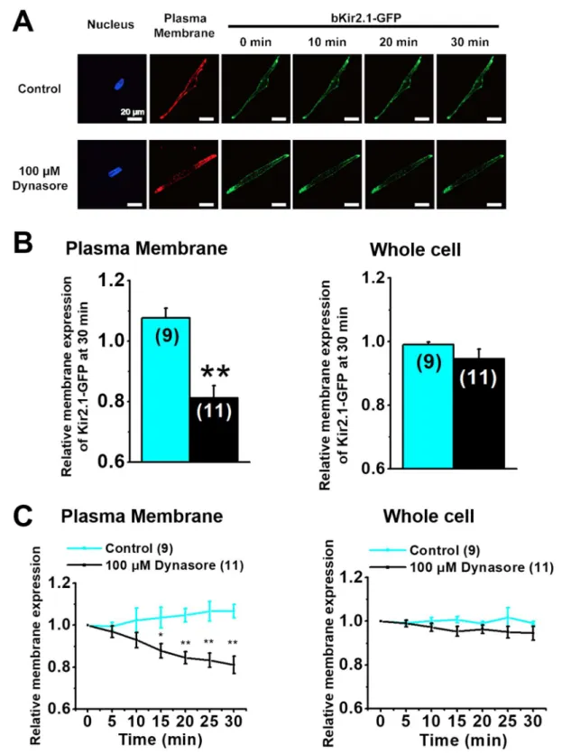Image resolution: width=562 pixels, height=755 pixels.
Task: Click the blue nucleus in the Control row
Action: click(x=119, y=85)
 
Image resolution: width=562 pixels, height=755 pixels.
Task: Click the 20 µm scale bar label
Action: click(x=133, y=112)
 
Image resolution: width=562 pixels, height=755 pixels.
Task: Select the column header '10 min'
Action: click(x=327, y=42)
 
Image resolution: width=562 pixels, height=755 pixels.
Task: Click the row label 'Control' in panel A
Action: click(x=40, y=89)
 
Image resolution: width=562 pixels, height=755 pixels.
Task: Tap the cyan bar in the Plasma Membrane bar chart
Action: click(x=165, y=389)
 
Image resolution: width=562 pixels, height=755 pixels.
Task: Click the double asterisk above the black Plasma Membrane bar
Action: click(x=216, y=372)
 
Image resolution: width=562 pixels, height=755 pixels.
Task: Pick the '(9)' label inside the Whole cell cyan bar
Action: click(x=428, y=362)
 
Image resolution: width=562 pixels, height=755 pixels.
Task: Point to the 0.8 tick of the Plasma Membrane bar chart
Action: click(x=112, y=401)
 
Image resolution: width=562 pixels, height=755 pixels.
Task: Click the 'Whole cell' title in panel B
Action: click(x=415, y=250)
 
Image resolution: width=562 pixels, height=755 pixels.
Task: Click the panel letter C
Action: click(x=23, y=517)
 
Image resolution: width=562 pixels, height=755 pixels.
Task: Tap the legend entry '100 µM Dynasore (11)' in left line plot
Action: click(x=175, y=565)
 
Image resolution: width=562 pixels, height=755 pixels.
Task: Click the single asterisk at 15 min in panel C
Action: click(x=161, y=635)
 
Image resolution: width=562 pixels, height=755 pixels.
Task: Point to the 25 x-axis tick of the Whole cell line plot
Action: click(x=507, y=722)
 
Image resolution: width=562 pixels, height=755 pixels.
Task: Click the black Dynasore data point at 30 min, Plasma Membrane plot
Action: click(x=234, y=665)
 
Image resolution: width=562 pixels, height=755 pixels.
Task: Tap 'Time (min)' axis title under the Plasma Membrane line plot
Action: click(x=161, y=739)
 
